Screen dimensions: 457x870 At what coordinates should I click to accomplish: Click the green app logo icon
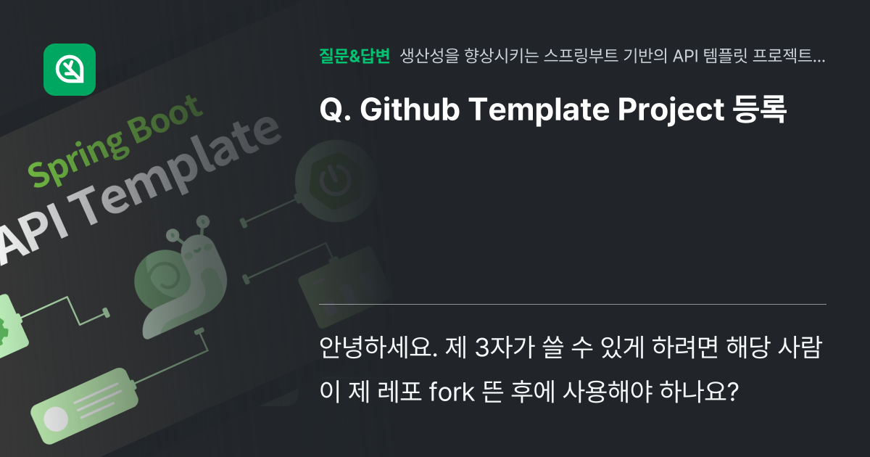(70, 70)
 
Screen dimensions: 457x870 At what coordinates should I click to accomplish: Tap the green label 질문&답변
(355, 56)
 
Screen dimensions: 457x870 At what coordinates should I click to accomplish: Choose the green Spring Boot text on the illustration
(116, 141)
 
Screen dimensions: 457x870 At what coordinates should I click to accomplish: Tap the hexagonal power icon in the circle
(329, 181)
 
